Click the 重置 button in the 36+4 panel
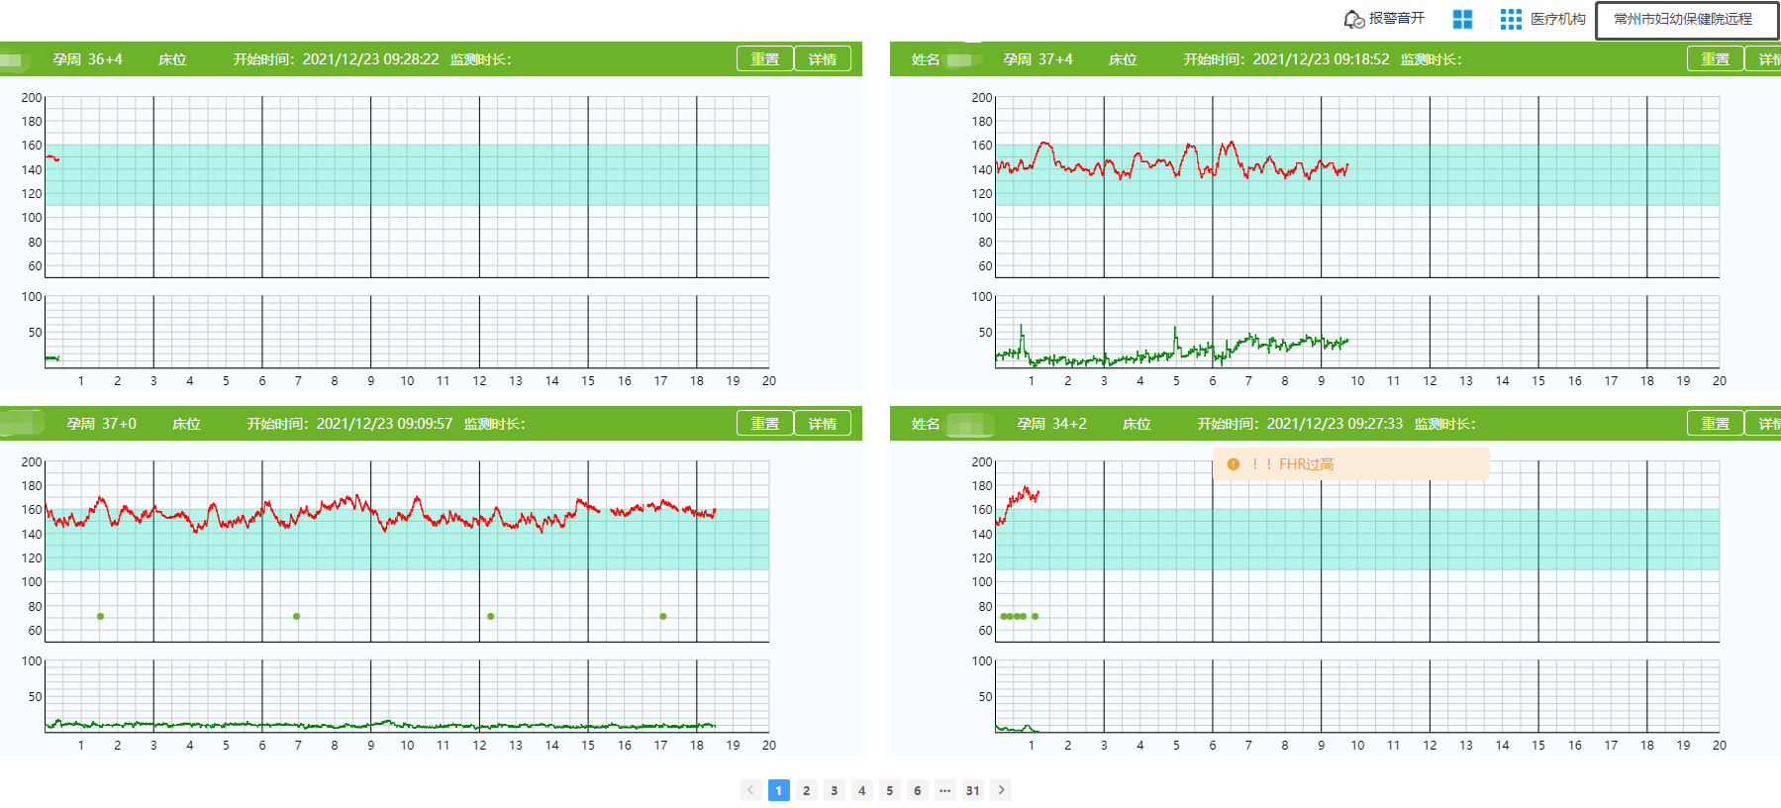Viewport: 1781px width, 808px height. (x=764, y=59)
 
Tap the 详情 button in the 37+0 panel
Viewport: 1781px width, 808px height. (x=822, y=424)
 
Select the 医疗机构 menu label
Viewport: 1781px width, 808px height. (x=1557, y=19)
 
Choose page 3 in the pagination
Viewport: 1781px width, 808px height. (x=835, y=790)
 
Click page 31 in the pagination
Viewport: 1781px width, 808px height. (x=973, y=790)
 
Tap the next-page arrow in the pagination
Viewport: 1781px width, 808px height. (x=1001, y=790)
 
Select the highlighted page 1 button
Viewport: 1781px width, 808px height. (x=779, y=790)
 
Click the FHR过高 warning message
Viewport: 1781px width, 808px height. (x=1306, y=464)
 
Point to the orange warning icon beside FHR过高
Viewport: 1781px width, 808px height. (x=1234, y=464)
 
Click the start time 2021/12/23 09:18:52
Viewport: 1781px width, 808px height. (x=1321, y=59)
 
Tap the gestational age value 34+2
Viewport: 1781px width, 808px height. (x=1069, y=424)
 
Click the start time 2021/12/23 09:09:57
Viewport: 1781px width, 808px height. (x=384, y=424)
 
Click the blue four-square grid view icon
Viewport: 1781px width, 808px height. (x=1462, y=19)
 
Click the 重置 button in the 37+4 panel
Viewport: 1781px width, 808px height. (x=1715, y=59)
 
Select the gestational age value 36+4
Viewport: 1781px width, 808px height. (x=105, y=59)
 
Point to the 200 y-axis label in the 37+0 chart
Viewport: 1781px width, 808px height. (x=32, y=462)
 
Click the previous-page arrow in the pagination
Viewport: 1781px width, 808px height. (x=751, y=790)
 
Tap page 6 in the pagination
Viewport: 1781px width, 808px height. (x=918, y=790)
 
